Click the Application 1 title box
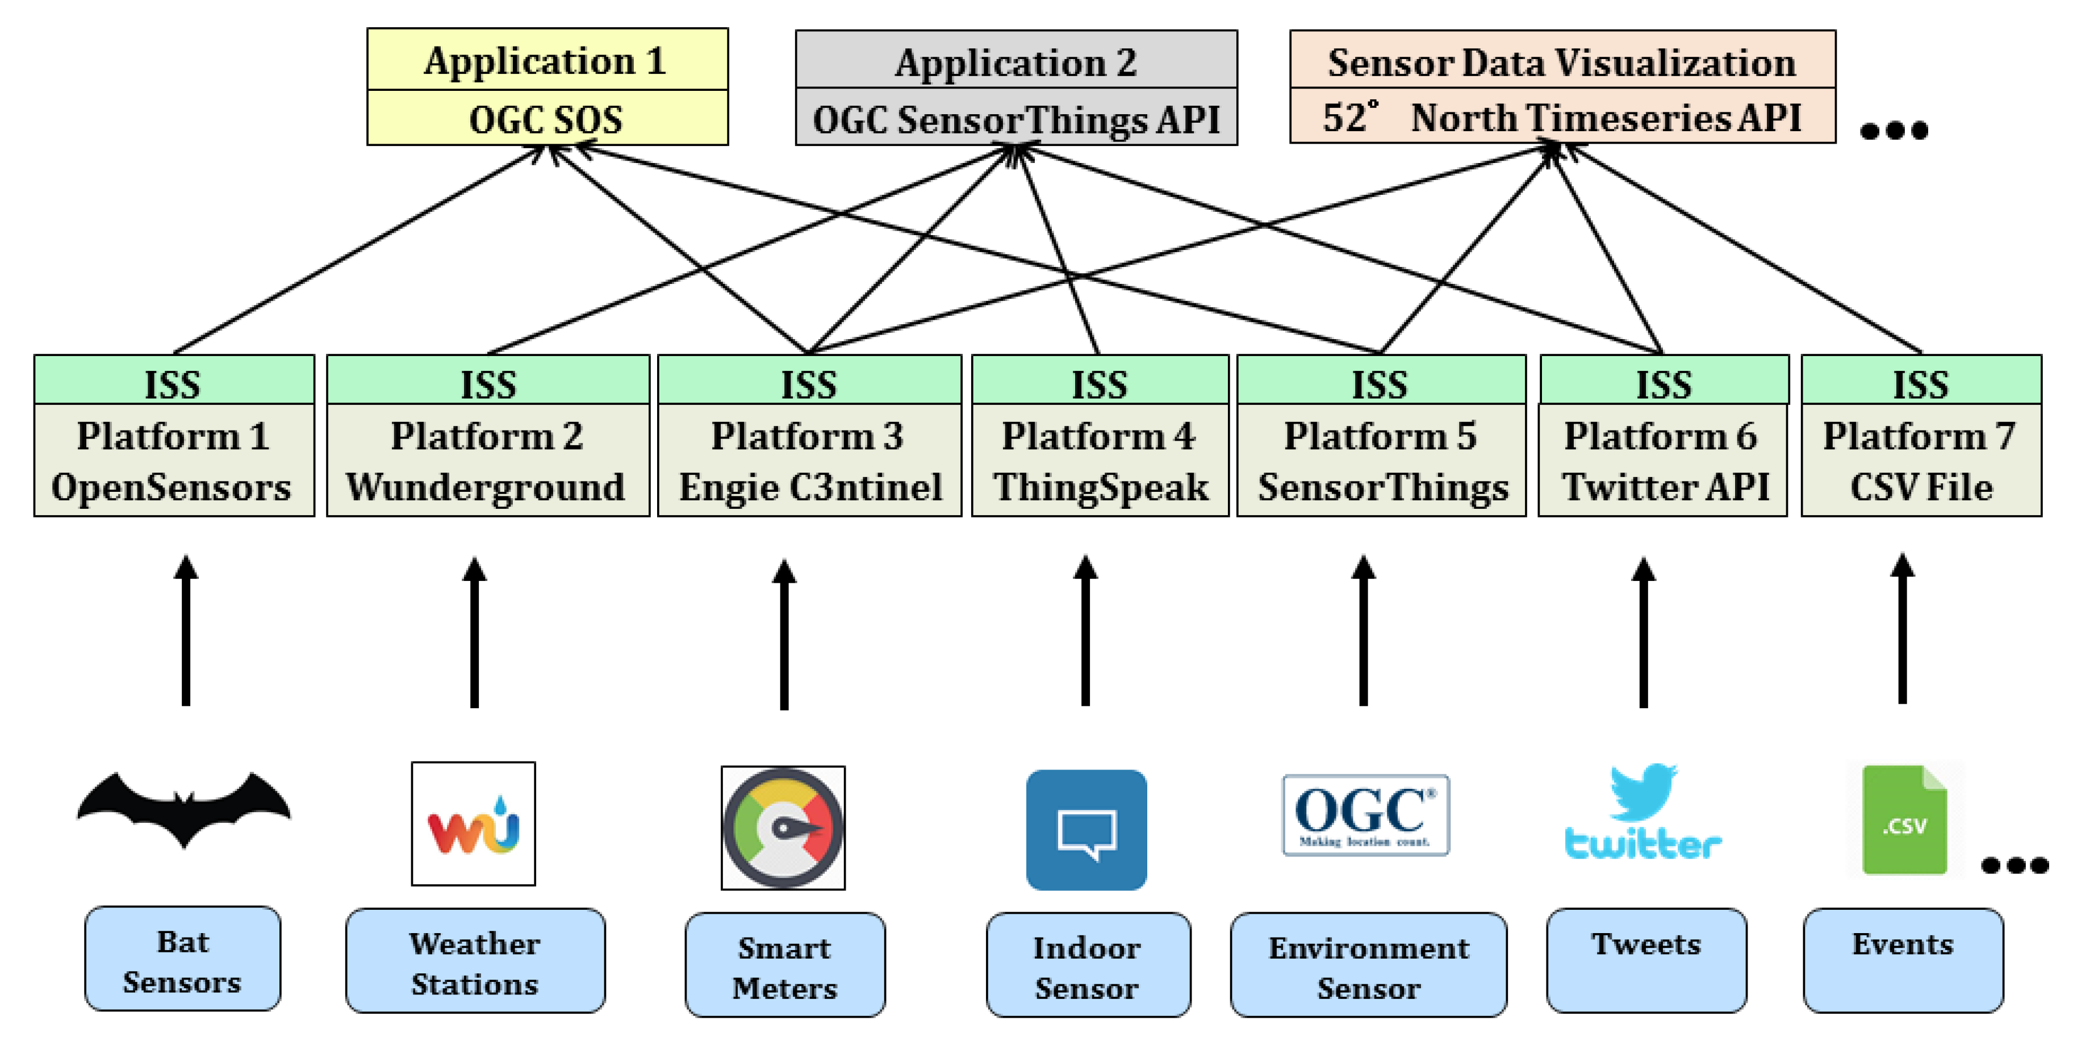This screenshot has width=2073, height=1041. (547, 60)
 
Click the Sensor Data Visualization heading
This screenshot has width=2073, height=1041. (1561, 62)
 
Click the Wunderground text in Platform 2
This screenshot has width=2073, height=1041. (486, 487)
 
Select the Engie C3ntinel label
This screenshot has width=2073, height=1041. (809, 487)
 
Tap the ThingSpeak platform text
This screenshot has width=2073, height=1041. (1100, 487)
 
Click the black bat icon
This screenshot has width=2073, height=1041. (184, 809)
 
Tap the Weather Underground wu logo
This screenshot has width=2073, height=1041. (473, 824)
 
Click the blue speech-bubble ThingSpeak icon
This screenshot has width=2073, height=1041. (1086, 829)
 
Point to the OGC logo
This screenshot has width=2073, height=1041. (1366, 815)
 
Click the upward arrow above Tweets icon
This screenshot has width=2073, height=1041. (1643, 632)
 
